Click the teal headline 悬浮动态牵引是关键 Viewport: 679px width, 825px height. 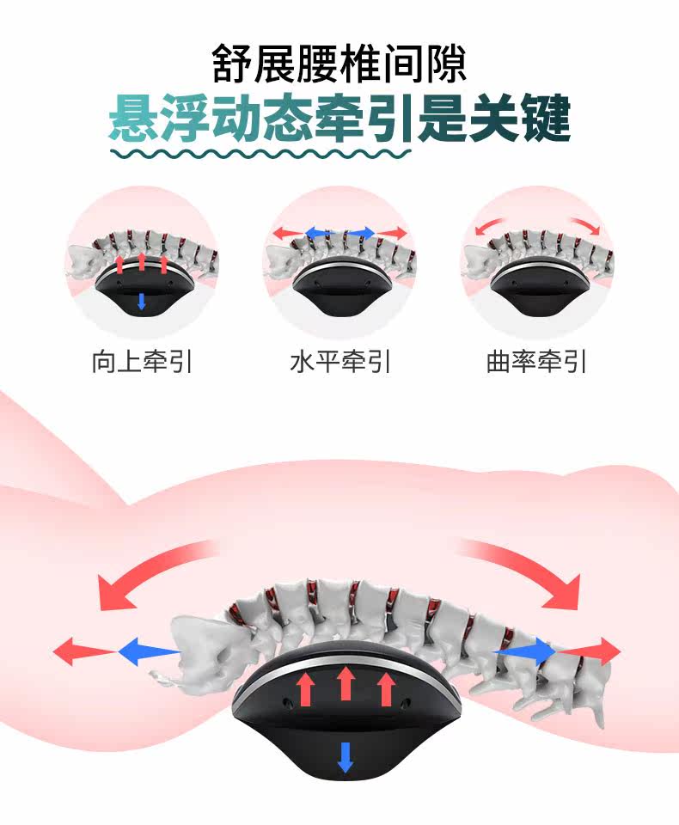pyautogui.click(x=339, y=118)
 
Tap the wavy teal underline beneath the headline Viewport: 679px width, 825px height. pyautogui.click(x=261, y=154)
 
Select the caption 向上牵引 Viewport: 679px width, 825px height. pyautogui.click(x=142, y=362)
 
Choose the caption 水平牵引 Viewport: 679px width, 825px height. pyautogui.click(x=340, y=362)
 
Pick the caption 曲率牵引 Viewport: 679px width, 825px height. pyautogui.click(x=536, y=362)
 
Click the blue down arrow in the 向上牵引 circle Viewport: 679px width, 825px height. pyautogui.click(x=141, y=301)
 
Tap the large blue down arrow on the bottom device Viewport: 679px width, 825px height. pyautogui.click(x=346, y=757)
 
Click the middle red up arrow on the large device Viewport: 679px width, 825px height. pyautogui.click(x=346, y=683)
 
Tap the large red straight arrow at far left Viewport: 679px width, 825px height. pyautogui.click(x=84, y=651)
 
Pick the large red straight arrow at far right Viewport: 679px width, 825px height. pyautogui.click(x=589, y=651)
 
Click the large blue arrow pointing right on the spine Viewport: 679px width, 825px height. pyautogui.click(x=525, y=651)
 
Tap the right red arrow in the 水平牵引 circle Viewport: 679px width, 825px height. pyautogui.click(x=392, y=232)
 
